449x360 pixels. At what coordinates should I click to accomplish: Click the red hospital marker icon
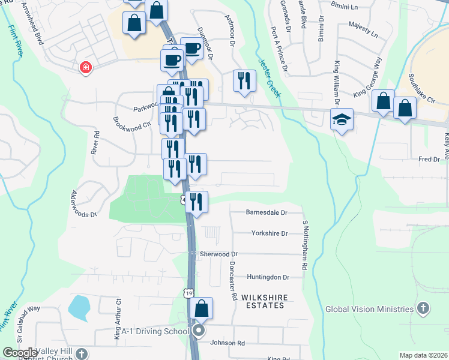point(86,68)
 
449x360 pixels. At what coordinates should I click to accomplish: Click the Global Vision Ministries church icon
point(423,309)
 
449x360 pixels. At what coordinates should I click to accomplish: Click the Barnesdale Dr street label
point(267,212)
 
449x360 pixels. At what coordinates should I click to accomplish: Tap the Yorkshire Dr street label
point(270,233)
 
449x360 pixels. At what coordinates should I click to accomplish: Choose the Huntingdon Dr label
point(268,277)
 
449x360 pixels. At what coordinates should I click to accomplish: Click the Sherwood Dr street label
point(219,254)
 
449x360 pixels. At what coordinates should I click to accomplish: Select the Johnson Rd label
point(228,343)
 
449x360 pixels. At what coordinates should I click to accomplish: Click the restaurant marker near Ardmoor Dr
point(244,80)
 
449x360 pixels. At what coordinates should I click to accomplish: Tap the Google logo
point(20,353)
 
